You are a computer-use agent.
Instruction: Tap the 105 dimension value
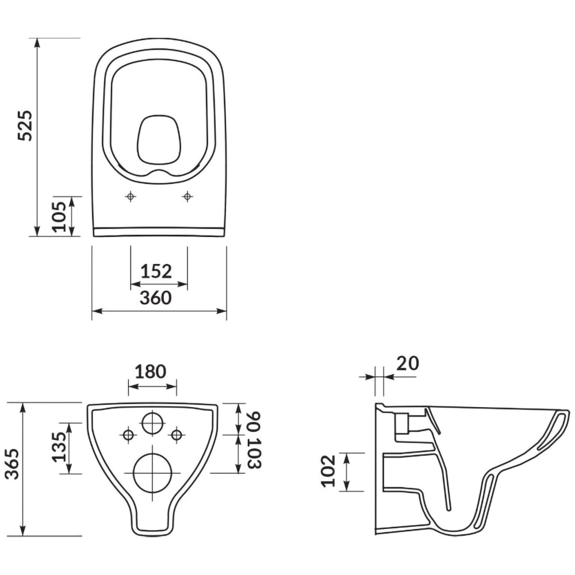pyautogui.click(x=60, y=216)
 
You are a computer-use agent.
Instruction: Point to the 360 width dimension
pyautogui.click(x=156, y=298)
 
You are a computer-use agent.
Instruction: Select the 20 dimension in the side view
pyautogui.click(x=408, y=363)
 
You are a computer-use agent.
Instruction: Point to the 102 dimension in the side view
pyautogui.click(x=328, y=471)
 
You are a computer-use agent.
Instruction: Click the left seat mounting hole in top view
pyautogui.click(x=131, y=197)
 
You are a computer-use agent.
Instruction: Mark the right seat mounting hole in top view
pyautogui.click(x=187, y=197)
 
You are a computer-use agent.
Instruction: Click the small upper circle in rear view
pyautogui.click(x=152, y=423)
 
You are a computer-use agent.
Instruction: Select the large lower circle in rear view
pyautogui.click(x=152, y=472)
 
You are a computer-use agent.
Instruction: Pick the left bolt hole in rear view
pyautogui.click(x=128, y=435)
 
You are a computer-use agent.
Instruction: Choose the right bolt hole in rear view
pyautogui.click(x=177, y=435)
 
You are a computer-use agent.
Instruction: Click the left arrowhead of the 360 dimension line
pyautogui.click(x=96, y=311)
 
